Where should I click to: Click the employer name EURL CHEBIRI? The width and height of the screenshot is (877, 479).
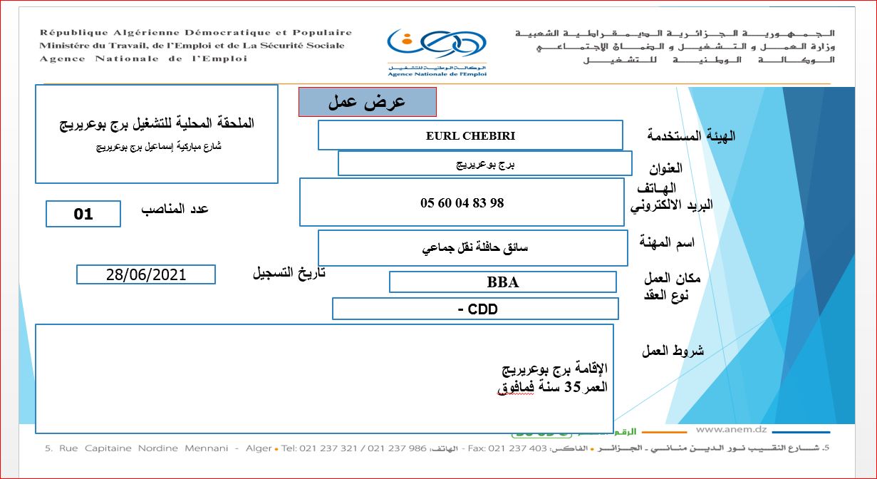pos(470,135)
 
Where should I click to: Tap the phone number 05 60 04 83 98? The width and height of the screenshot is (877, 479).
pos(462,202)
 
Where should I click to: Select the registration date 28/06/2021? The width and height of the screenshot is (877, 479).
pos(145,274)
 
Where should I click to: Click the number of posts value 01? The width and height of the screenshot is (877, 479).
pos(83,214)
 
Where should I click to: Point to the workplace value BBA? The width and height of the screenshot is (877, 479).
pos(502,282)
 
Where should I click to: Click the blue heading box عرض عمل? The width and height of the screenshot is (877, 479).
pos(367,102)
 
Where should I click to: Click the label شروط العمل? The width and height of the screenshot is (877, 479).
pos(673,351)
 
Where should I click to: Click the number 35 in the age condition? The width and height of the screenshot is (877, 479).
pos(573,387)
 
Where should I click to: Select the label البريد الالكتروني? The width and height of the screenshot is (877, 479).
pos(671,205)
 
